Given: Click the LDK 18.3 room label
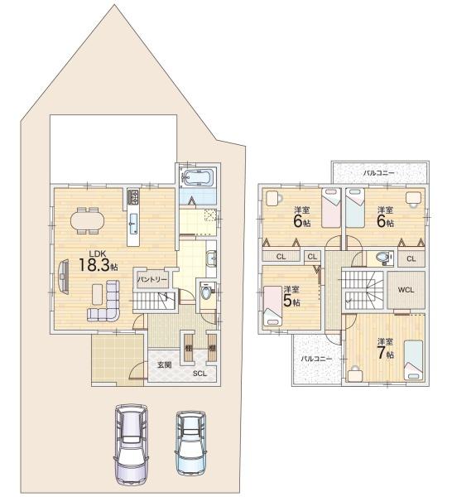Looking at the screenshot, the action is (98, 261).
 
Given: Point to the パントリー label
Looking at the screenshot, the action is (152, 280).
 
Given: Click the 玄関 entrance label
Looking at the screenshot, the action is (165, 364).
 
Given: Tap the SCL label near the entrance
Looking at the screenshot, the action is (200, 374).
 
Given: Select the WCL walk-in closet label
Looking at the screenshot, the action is (406, 290).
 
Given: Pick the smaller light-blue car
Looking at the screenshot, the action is (190, 442).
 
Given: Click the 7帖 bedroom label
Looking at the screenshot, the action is (386, 350).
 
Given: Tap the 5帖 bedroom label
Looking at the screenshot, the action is (291, 297).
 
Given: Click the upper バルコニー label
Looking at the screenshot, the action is (379, 173).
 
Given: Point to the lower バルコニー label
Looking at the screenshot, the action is (316, 359).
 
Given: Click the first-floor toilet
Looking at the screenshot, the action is (206, 292).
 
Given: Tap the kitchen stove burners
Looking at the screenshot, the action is (133, 197).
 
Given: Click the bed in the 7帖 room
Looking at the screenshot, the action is (414, 359).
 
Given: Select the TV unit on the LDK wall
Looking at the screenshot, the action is (64, 277).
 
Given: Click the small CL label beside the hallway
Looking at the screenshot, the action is (312, 257).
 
